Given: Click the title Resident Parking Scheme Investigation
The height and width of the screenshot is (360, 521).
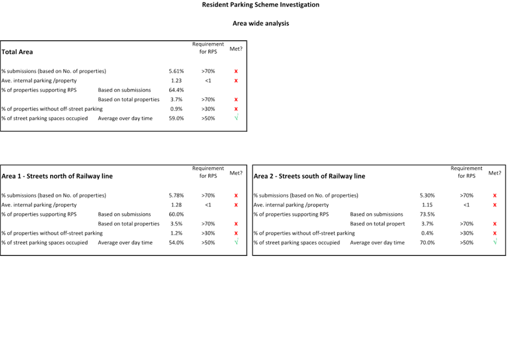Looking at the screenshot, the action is (x=260, y=5).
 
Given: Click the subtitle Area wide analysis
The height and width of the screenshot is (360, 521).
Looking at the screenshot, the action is (x=260, y=23).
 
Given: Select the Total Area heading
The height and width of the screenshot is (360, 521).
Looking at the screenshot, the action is (x=17, y=52).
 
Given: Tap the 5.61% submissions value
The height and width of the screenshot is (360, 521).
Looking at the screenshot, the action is (x=176, y=71).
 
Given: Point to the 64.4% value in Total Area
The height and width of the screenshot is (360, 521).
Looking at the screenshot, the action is (x=176, y=90).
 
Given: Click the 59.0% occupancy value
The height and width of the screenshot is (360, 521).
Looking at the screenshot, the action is (x=176, y=118).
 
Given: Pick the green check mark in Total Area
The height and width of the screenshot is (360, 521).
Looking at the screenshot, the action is (x=236, y=118).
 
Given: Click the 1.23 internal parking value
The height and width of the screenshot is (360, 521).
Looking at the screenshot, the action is (x=176, y=81).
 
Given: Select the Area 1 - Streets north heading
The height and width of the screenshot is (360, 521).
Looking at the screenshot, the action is (x=57, y=176).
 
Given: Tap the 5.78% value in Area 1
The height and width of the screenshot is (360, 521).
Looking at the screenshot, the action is (x=176, y=196).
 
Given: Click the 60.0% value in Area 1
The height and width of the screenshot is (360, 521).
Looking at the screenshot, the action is (x=176, y=215).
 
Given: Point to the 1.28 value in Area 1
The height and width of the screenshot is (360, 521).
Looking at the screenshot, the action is (x=176, y=205).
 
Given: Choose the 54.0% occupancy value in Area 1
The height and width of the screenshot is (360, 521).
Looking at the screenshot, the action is (x=176, y=243).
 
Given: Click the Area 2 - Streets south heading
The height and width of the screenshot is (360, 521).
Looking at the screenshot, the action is (x=309, y=176).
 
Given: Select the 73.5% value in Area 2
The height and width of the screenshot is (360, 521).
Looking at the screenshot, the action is (x=427, y=215).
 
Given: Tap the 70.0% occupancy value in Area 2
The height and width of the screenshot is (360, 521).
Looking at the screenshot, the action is (x=427, y=243).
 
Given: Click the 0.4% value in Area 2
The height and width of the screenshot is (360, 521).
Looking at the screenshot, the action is (x=427, y=233).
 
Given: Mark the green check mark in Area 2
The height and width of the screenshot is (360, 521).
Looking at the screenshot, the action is (x=495, y=242).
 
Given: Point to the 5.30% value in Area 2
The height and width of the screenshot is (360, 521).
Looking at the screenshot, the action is (x=427, y=196).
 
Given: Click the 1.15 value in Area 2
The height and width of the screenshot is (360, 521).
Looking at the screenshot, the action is (x=427, y=205).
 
